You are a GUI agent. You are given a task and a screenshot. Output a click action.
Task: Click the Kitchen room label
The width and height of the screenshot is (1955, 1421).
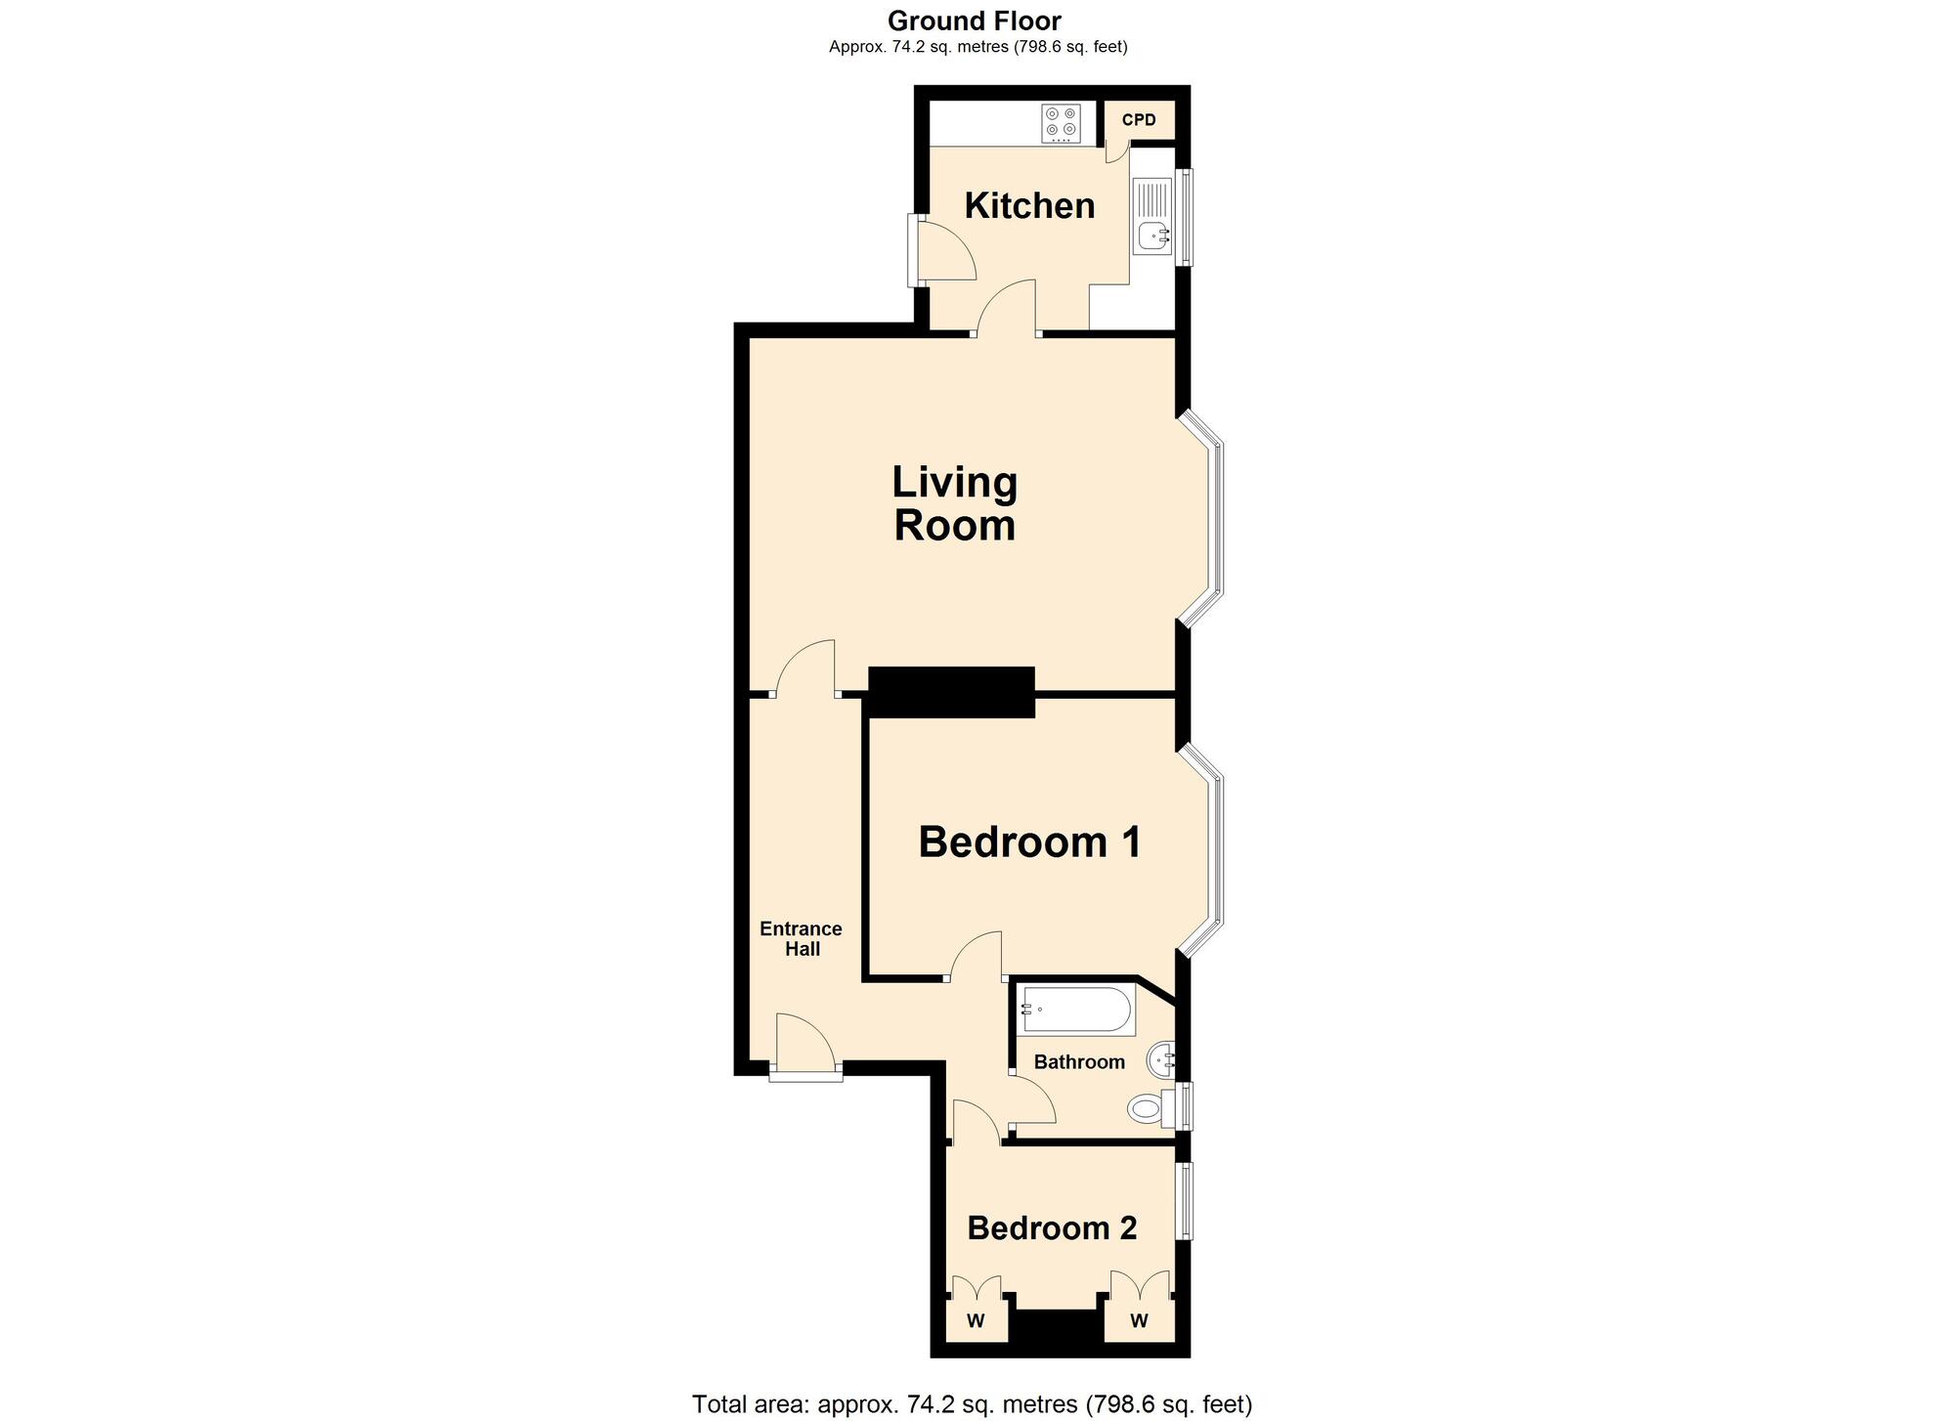click(1029, 205)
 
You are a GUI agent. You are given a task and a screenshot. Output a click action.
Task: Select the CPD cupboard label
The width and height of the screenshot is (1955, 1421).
click(1139, 119)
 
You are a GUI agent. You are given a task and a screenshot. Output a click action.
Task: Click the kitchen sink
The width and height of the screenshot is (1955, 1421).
click(1152, 216)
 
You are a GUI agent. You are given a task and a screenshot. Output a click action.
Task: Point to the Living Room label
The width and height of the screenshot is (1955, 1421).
click(955, 503)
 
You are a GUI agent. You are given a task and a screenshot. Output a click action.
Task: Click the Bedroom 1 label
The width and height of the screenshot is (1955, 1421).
click(1029, 841)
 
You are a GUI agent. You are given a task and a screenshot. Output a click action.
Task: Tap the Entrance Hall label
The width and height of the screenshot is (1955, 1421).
click(802, 938)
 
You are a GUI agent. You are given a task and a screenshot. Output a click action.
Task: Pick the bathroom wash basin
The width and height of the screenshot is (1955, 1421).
click(1160, 1058)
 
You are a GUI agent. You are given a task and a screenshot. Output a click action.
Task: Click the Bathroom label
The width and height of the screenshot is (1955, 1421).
click(1079, 1062)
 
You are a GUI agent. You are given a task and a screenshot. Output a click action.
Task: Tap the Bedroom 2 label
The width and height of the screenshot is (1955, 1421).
click(1052, 1228)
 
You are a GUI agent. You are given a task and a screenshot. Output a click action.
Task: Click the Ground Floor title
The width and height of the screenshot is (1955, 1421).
click(975, 21)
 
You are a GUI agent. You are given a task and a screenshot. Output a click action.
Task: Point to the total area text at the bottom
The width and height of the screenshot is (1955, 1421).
click(972, 1404)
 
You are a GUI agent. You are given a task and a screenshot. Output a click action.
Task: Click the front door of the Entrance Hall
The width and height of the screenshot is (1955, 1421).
click(805, 1047)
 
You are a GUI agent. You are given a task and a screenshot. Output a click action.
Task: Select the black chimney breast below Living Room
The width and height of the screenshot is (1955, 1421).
click(951, 692)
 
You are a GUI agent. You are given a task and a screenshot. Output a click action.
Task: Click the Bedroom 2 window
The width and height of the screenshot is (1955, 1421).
click(1184, 1201)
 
